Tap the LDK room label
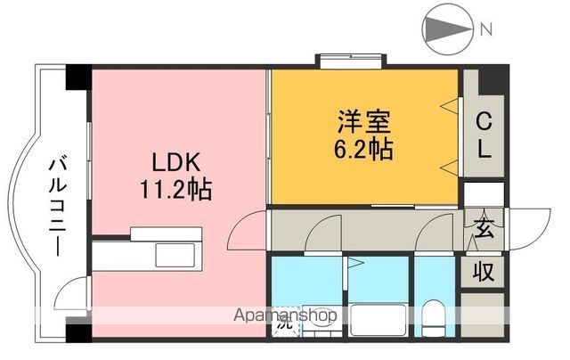(x=174, y=164)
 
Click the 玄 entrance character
(x=484, y=228)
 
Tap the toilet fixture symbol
(x=435, y=315)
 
